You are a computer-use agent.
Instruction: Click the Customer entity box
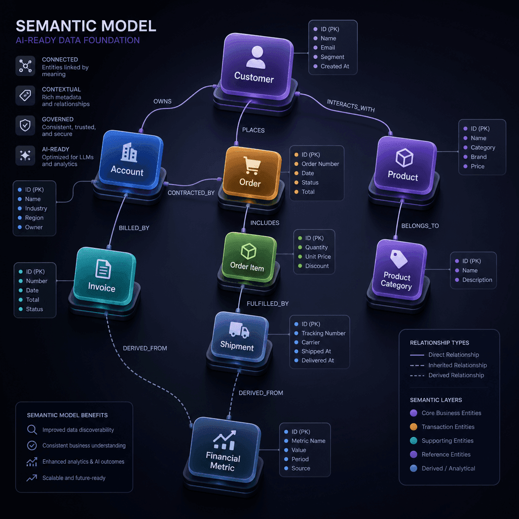256,66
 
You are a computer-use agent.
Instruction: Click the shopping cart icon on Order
252,165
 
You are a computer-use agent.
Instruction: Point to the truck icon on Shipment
239,329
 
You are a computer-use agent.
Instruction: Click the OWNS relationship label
162,101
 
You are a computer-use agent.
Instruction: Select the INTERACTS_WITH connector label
351,105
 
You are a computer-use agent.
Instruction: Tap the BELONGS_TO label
420,226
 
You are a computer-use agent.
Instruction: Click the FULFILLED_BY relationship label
268,304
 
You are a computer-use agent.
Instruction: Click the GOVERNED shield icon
25,126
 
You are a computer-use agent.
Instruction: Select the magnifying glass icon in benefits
32,430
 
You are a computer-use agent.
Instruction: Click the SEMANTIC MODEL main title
86,26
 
